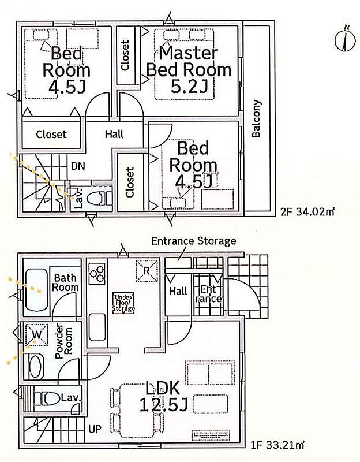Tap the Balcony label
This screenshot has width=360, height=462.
click(256, 118)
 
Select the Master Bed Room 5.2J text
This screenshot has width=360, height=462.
click(189, 70)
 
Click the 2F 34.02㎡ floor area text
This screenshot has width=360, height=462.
click(307, 212)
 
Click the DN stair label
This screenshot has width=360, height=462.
click(78, 166)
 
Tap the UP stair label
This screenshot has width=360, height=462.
click(95, 429)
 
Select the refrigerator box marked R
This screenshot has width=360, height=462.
click(147, 271)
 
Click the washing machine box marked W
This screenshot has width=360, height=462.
click(37, 335)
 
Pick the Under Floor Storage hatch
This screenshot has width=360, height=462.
click(123, 303)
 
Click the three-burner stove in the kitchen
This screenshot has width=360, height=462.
click(97, 273)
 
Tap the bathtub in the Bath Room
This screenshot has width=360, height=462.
click(37, 290)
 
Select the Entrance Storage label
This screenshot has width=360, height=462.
click(194, 241)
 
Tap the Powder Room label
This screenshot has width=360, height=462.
click(64, 341)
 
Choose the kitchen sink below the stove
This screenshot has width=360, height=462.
click(97, 327)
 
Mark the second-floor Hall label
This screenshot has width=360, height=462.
click(114, 135)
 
